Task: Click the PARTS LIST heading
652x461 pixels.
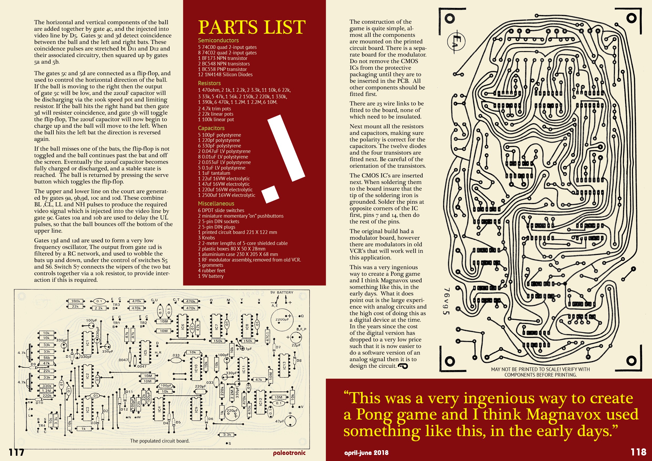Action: coord(251,27)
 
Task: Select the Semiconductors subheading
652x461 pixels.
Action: coord(218,40)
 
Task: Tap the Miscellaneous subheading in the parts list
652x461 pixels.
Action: coord(216,203)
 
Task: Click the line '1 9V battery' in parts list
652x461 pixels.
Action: coord(211,276)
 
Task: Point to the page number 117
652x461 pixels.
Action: coord(17,452)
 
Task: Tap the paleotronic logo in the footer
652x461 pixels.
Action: coord(289,453)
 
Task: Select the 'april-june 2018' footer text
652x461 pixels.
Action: coord(366,453)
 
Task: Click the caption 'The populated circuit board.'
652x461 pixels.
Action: coord(160,441)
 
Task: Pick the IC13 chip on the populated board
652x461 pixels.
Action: coord(284,365)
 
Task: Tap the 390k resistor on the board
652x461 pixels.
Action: coord(75,301)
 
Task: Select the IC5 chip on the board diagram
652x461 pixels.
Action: coord(145,352)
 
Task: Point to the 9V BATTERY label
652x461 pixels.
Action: coord(282,292)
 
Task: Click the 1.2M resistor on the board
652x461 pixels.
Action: coord(47,391)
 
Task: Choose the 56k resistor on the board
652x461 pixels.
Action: coord(47,358)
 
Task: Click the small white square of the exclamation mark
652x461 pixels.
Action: coord(270,194)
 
